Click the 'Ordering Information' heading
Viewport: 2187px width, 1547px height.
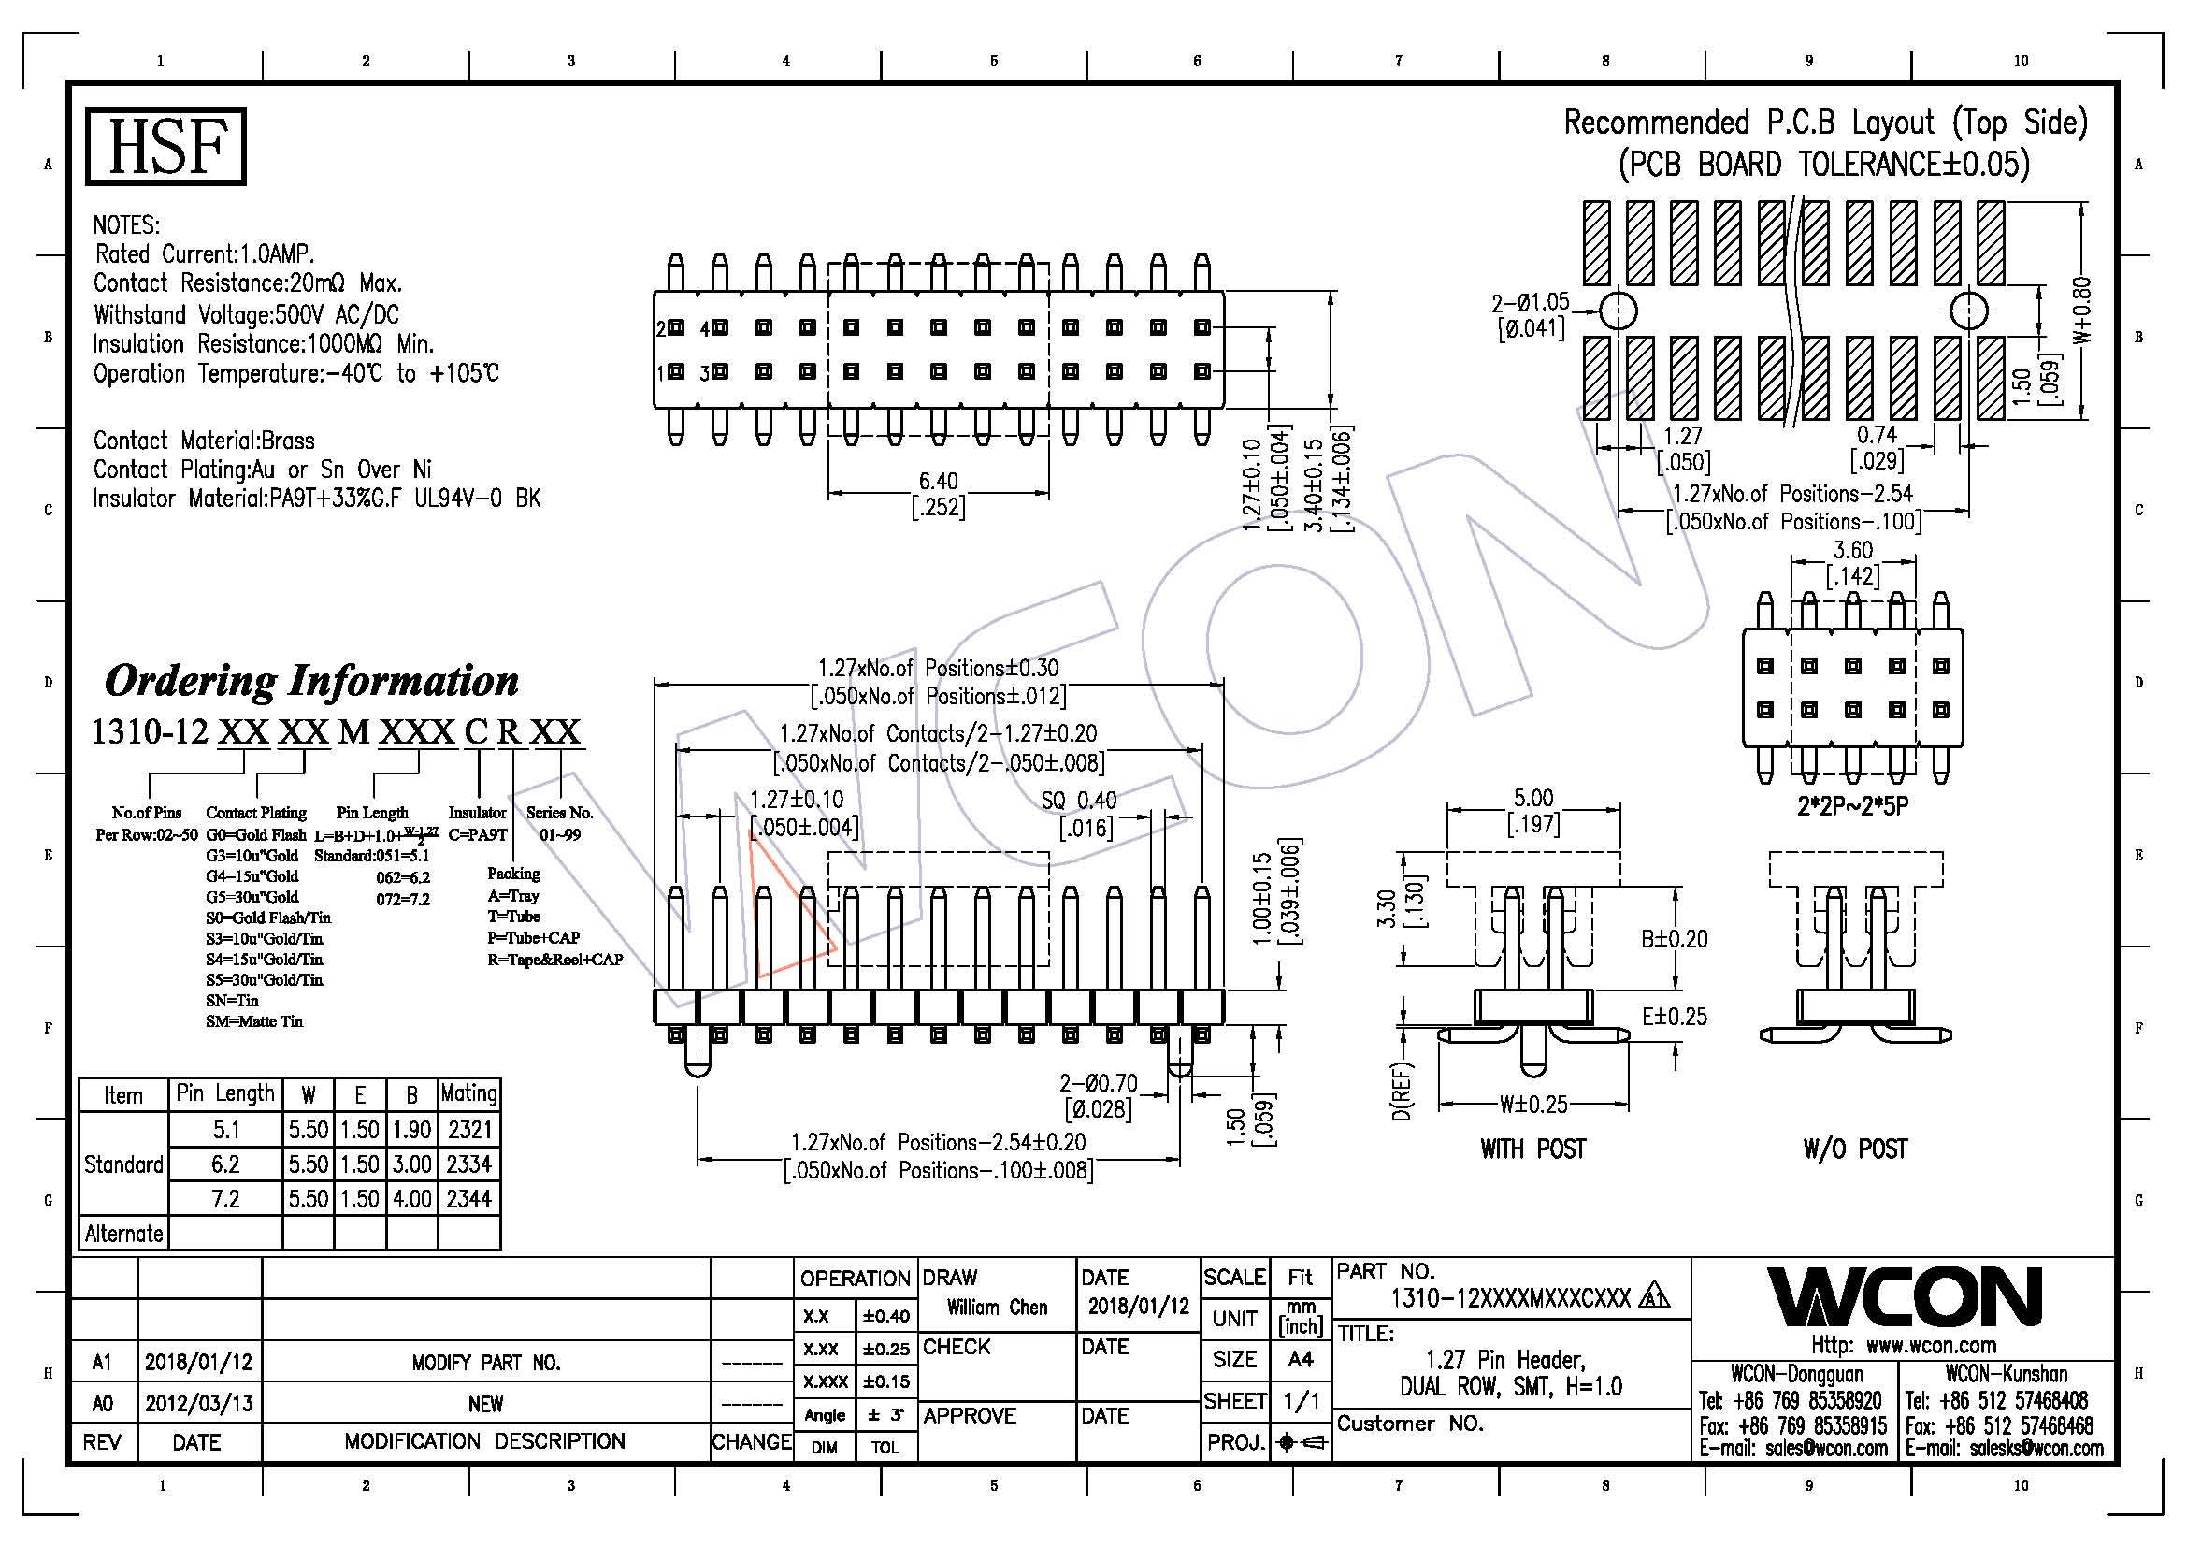(311, 680)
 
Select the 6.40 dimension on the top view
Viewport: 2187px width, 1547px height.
(938, 480)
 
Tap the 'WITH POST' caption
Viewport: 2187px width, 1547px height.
(1532, 1149)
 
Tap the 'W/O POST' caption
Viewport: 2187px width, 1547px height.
(1854, 1149)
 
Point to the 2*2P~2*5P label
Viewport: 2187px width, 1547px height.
(1852, 806)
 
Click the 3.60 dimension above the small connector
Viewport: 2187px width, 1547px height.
(1852, 550)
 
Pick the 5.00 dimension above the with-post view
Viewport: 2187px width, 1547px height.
(1532, 797)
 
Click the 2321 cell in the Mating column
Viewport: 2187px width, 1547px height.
(469, 1130)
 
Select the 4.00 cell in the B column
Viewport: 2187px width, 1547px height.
(412, 1198)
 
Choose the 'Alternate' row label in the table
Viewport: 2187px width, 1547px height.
(123, 1234)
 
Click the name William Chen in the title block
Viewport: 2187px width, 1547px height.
(997, 1307)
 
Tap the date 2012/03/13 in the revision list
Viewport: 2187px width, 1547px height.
(198, 1402)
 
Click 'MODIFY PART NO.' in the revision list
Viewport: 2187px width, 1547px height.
(486, 1363)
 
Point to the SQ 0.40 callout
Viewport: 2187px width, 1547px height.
(1077, 801)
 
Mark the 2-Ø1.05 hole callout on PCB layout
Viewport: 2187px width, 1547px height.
(1530, 302)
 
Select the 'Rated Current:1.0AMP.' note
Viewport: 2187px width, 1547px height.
(205, 254)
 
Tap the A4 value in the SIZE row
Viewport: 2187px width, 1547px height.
(1301, 1359)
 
